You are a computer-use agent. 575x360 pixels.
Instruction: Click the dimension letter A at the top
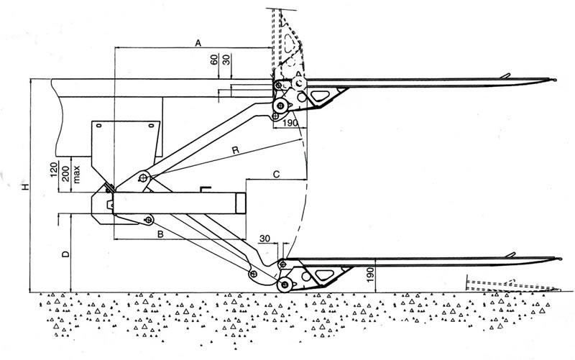(198, 43)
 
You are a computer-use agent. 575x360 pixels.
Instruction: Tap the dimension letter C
(277, 173)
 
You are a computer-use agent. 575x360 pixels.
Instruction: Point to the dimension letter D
(65, 254)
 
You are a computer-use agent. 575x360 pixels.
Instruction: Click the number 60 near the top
(214, 60)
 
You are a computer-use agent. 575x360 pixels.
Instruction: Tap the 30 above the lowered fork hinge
(265, 238)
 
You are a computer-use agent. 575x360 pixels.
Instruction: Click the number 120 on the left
(55, 172)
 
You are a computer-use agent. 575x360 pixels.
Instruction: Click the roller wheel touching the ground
(285, 285)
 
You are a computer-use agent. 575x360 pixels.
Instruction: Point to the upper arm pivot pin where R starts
(144, 177)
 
